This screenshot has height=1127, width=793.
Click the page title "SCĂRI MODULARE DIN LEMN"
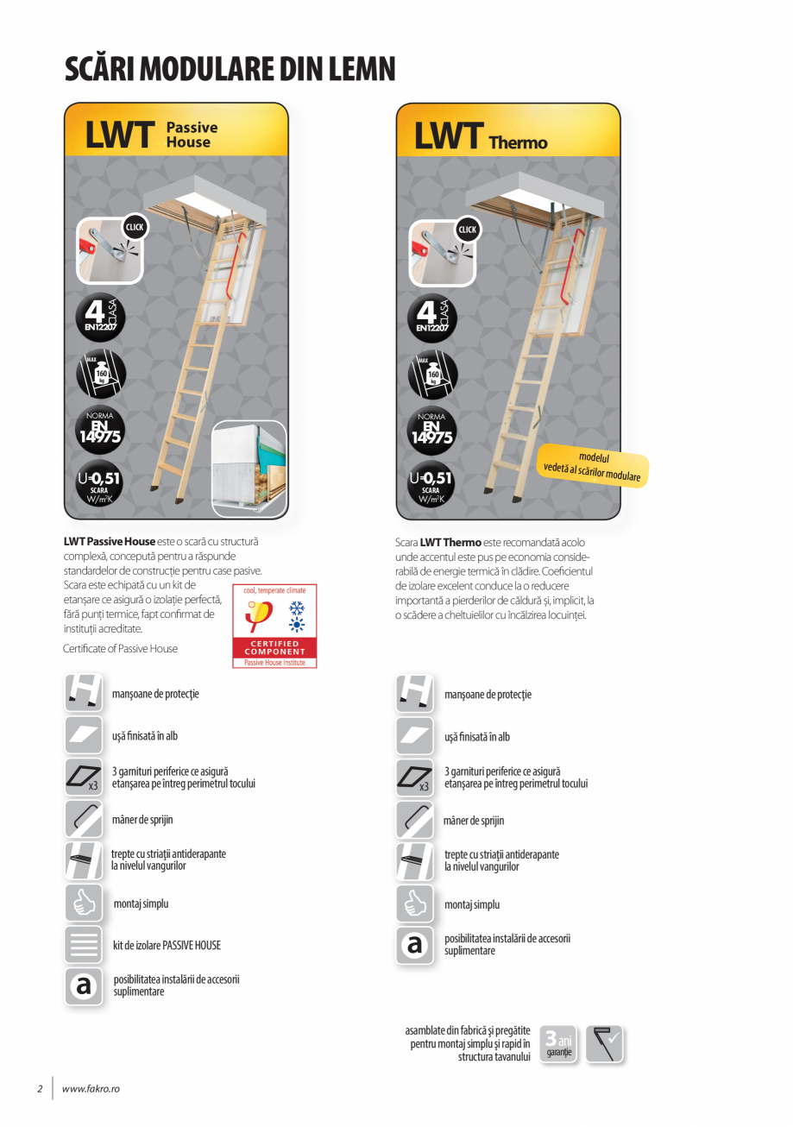coord(230,69)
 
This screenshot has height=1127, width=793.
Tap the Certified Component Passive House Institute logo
coord(274,626)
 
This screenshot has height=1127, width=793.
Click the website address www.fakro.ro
coord(91,1088)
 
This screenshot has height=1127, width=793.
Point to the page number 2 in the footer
coord(40,1088)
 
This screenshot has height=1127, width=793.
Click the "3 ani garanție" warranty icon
coord(559,1044)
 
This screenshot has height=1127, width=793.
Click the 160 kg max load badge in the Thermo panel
coord(431,374)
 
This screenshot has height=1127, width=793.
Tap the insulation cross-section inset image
coord(249,469)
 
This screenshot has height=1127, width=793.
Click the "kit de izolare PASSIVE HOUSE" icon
coord(84,944)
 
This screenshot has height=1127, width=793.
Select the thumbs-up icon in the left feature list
coord(84,903)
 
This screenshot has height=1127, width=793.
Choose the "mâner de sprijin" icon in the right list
coord(415,820)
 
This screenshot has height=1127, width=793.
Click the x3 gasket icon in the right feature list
coord(415,778)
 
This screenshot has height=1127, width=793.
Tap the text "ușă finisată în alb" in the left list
coord(145,736)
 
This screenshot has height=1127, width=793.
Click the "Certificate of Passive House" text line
coord(121,649)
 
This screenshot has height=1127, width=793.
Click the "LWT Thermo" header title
coord(481,137)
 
